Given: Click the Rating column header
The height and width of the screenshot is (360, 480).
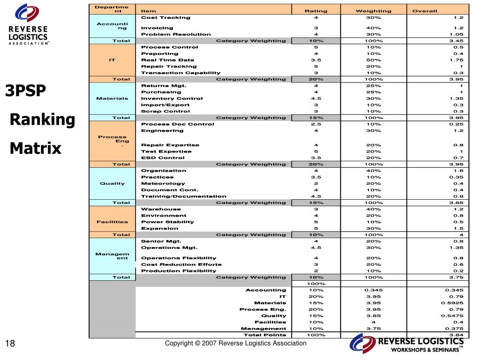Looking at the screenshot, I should [316, 11].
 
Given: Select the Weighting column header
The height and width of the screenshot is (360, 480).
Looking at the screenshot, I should [374, 11].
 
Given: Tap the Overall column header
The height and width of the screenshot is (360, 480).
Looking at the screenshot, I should [424, 11].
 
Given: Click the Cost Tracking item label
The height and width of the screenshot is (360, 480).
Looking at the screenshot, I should [166, 17].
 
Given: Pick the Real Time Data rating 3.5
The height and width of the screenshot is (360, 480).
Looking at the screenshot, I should [316, 60].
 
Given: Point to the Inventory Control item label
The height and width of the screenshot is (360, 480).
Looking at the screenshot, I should [172, 98].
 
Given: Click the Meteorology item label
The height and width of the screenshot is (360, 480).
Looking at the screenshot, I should [163, 183].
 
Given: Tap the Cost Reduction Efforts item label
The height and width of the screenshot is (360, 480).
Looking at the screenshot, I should [175, 264].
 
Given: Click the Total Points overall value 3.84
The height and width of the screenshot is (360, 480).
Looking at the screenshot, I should [456, 335].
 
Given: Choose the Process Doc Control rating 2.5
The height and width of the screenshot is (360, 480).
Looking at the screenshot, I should [316, 124].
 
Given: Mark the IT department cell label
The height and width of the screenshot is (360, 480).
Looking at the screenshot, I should [112, 60].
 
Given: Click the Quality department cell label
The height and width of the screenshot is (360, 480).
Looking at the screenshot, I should [112, 183].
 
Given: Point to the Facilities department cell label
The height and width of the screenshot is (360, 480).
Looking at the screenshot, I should [112, 222].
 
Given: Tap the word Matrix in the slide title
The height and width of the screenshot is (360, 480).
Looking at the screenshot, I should [36, 149].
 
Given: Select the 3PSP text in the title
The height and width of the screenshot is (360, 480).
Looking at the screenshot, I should [26, 90].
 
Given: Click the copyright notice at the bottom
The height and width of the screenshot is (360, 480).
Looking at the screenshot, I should [236, 344].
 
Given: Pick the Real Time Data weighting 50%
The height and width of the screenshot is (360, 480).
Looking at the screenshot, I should [374, 60].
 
